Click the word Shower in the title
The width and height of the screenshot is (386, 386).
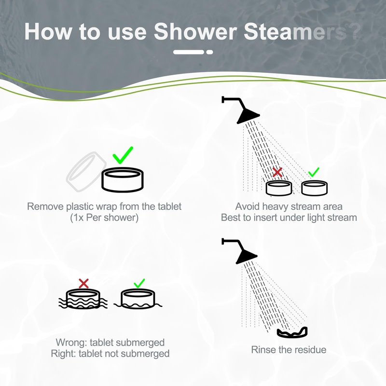click(x=195, y=31)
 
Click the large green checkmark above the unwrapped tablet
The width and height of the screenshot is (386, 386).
click(x=123, y=155)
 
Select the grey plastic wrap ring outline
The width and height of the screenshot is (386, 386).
click(x=86, y=171)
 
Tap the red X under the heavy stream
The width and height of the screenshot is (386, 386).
click(x=277, y=172)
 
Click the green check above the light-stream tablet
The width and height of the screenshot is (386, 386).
click(x=314, y=172)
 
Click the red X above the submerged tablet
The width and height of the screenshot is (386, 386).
click(x=83, y=283)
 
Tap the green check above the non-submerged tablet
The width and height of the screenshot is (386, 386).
click(x=139, y=283)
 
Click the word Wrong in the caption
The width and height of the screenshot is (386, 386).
click(x=71, y=343)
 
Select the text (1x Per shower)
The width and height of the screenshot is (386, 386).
click(x=104, y=218)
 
